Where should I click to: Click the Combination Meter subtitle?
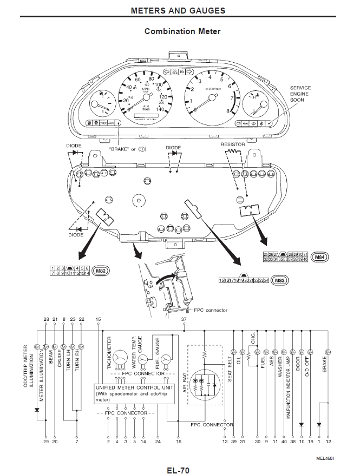182,31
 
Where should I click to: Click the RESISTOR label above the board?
233,144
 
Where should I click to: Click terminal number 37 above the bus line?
184,320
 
